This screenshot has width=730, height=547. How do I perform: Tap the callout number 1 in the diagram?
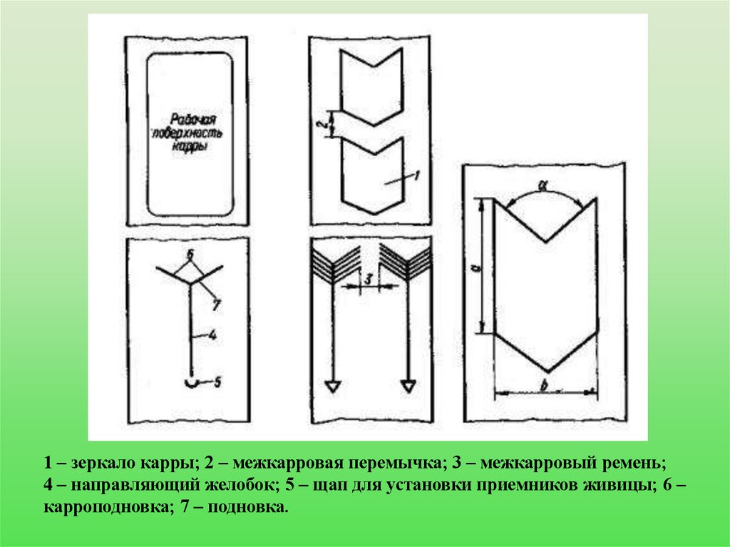pos(416,175)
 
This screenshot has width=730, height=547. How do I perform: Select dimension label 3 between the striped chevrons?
pos(369,279)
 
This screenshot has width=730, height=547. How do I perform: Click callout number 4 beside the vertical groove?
pos(212,334)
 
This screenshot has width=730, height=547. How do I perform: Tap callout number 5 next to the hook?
pos(217,382)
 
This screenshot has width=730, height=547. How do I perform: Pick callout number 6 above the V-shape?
pos(190,255)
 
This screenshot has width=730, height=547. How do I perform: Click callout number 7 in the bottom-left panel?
pos(216,305)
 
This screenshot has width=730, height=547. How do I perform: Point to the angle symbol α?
pos(543,185)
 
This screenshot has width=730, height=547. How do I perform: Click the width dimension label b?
pos(543,385)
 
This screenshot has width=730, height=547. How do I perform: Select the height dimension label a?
pos(475,268)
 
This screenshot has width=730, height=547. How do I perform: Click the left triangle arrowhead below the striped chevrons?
pos(332,387)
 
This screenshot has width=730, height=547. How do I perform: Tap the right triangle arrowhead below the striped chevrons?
pos(408,387)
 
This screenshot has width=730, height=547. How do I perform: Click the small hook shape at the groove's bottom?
pos(192,382)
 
